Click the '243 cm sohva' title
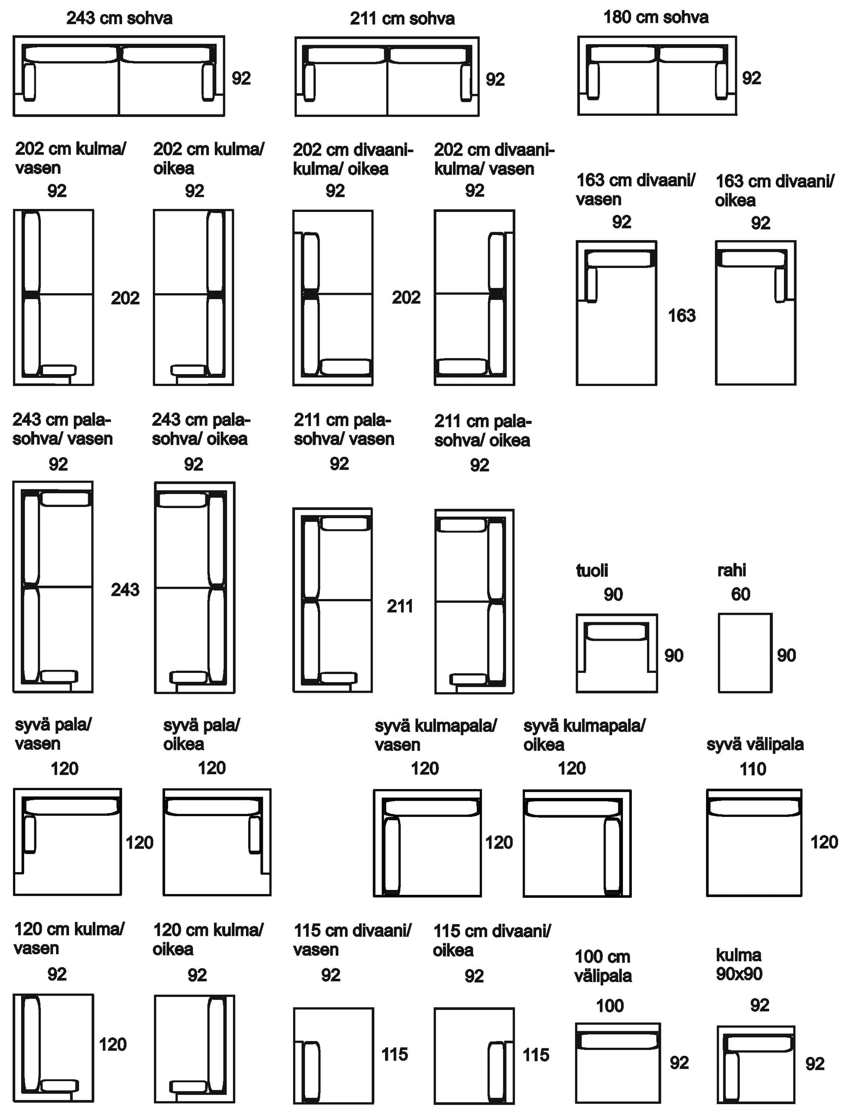119,18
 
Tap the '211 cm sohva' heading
402,19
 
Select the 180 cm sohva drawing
656,75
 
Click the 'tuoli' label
592,571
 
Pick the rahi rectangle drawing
745,653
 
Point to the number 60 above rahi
740,594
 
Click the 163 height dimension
682,316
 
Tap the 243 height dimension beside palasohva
125,589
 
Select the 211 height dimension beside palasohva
399,605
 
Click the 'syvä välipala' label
755,744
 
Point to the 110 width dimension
753,769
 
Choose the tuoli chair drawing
617,653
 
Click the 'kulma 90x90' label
739,964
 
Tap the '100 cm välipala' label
603,966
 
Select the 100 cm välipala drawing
617,1063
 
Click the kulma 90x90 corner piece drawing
756,1064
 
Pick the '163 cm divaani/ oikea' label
774,190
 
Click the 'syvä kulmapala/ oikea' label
584,735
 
